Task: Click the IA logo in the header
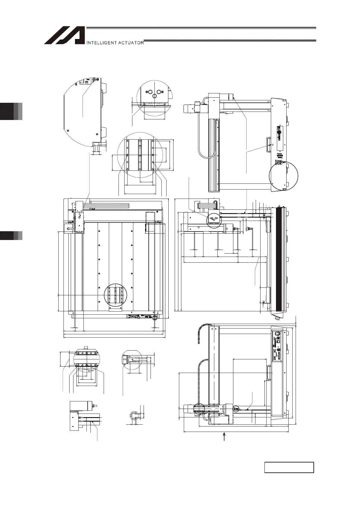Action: click(x=64, y=36)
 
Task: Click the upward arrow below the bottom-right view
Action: click(x=224, y=437)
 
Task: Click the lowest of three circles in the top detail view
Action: click(x=154, y=96)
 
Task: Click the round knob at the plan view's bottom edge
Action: click(x=155, y=317)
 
